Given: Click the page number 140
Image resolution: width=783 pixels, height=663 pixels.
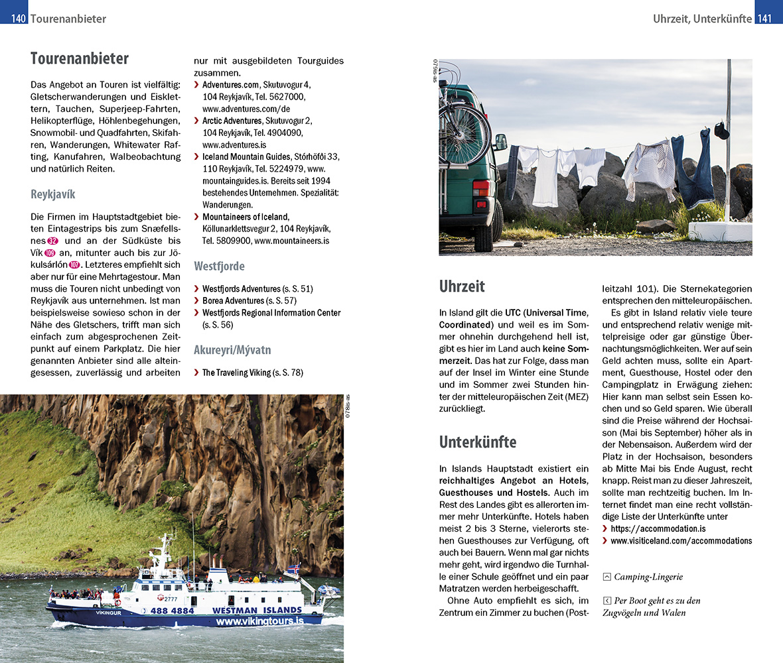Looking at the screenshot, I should (x=18, y=19).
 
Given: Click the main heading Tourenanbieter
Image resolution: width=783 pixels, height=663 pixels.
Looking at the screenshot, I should (x=80, y=58).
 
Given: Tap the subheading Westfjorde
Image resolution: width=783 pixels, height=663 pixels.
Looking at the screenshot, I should (x=219, y=266).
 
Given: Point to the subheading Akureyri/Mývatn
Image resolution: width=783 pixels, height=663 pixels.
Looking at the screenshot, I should (x=232, y=349).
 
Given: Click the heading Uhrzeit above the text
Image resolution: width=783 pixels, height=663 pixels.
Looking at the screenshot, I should (x=462, y=286).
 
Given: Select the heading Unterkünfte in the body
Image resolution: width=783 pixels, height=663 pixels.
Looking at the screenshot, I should (x=478, y=442).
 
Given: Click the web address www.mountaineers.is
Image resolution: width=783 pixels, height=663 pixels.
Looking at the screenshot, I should (x=292, y=241).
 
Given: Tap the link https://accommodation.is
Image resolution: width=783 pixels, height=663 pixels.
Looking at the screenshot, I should (x=658, y=528).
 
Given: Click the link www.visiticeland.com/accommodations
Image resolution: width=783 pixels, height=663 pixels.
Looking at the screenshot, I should (x=681, y=540).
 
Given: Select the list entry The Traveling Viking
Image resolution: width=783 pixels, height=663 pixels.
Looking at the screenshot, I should (x=236, y=373).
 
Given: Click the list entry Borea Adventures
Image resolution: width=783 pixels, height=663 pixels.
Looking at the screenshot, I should (x=233, y=300).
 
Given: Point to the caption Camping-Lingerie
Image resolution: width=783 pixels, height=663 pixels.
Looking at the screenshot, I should (x=648, y=577).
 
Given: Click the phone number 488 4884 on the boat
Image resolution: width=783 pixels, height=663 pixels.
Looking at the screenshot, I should (x=172, y=610).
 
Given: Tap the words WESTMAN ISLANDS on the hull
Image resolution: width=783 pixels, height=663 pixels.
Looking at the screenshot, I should (x=257, y=610).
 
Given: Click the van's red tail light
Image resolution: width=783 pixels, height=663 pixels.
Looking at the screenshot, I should (x=480, y=188).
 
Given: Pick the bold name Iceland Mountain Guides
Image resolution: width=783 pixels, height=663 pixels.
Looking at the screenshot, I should (x=246, y=156).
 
